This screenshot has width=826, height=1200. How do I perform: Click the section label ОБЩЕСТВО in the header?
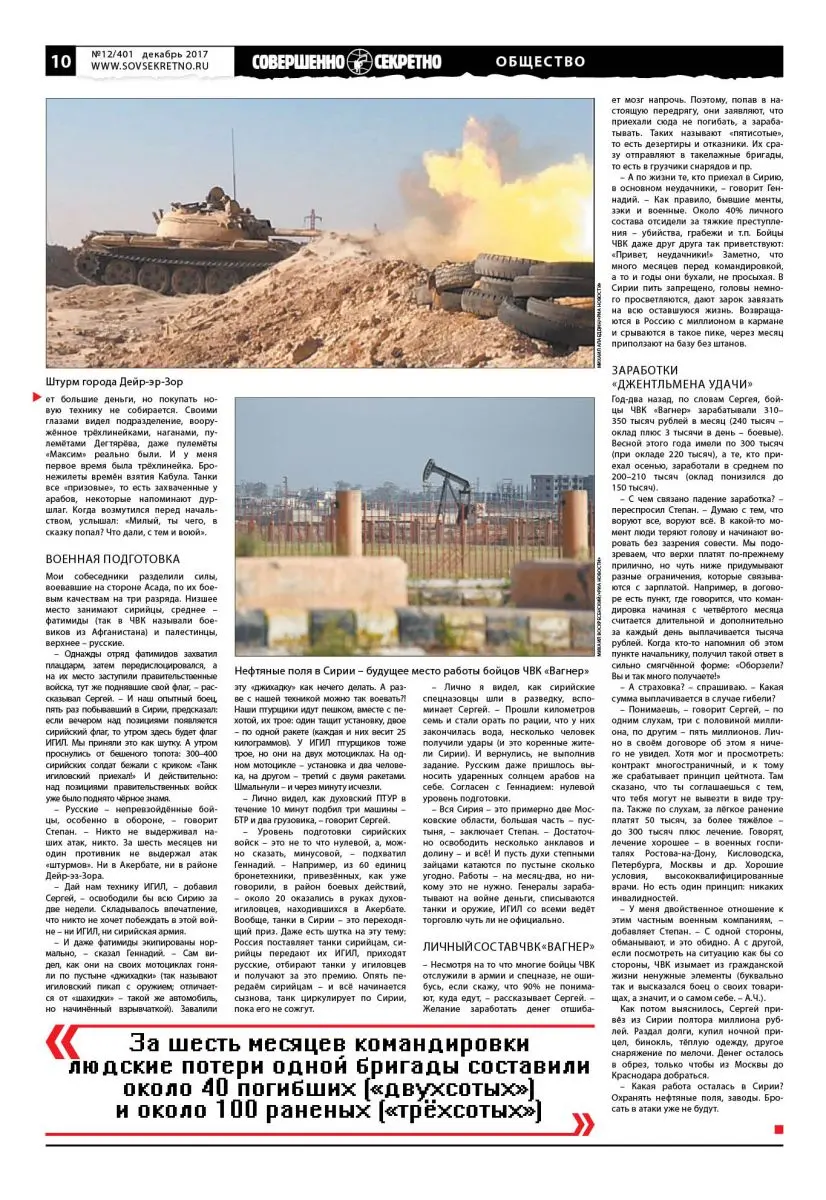coord(540,62)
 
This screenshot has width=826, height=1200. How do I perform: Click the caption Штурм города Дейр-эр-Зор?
coord(115,381)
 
